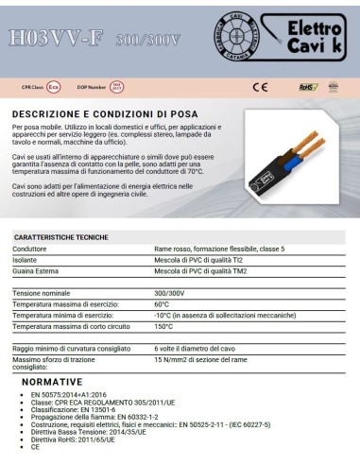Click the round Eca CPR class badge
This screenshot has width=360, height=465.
55,87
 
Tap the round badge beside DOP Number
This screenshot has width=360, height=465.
116,87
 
